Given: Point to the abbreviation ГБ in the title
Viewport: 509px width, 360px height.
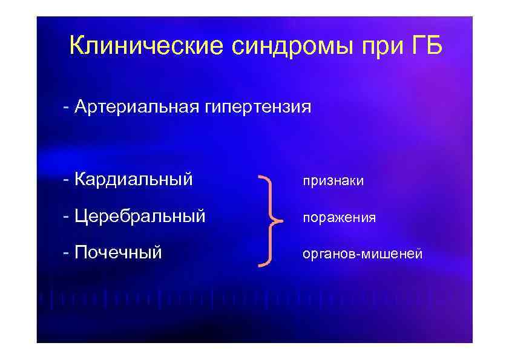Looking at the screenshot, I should pyautogui.click(x=423, y=46).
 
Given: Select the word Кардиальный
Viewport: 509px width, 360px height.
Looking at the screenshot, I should pyautogui.click(x=134, y=180).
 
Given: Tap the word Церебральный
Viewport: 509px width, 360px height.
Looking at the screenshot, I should pyautogui.click(x=140, y=216).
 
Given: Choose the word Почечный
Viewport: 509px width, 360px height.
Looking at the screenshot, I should pyautogui.click(x=119, y=252).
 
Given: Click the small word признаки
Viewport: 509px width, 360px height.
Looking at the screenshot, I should pyautogui.click(x=333, y=182).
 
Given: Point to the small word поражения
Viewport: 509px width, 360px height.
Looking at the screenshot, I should pyautogui.click(x=339, y=218).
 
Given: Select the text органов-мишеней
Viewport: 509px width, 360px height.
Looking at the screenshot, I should pyautogui.click(x=362, y=255).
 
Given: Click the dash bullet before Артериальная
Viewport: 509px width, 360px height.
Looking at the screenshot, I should pyautogui.click(x=65, y=109).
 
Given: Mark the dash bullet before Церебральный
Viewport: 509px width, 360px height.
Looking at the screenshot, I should pyautogui.click(x=65, y=217).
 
